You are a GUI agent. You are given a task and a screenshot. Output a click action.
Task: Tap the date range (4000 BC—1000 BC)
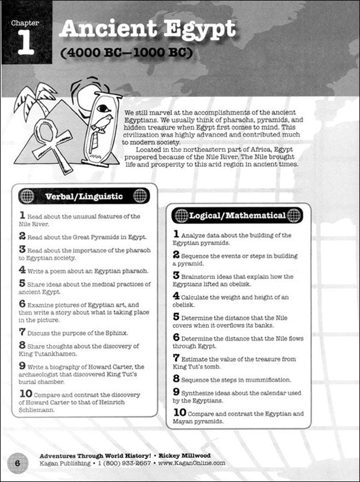tap(126, 53)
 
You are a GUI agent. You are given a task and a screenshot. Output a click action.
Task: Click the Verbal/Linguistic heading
tap(83, 196)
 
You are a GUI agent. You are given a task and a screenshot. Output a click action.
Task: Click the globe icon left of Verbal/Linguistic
tap(27, 196)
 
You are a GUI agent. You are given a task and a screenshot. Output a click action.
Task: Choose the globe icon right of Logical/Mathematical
tap(294, 215)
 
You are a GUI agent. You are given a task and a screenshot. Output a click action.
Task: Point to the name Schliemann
tap(40, 410)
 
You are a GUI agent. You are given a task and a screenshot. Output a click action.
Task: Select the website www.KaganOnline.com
tap(192, 463)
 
